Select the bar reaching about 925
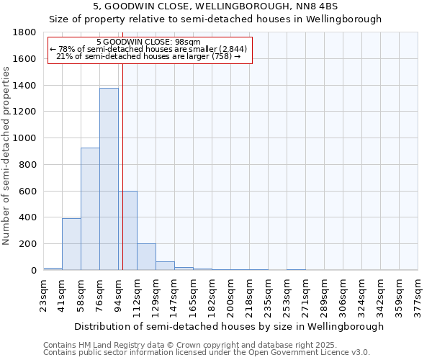click(x=90, y=209)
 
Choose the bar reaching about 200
click(x=146, y=257)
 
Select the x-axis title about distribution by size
click(x=230, y=326)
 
